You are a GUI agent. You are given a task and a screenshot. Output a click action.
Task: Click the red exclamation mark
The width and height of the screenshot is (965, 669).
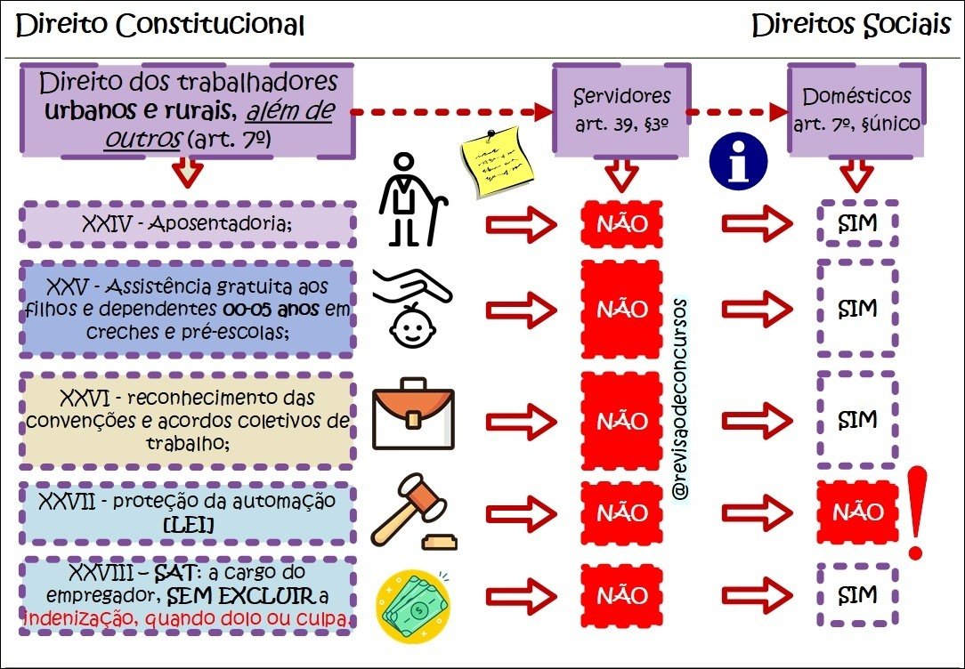coord(913,517)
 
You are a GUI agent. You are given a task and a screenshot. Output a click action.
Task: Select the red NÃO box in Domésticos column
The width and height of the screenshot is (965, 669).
coord(858,512)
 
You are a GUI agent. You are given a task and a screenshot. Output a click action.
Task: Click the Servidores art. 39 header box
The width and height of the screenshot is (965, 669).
coord(622,109)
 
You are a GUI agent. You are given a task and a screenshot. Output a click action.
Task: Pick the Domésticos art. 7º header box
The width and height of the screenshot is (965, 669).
coord(856,109)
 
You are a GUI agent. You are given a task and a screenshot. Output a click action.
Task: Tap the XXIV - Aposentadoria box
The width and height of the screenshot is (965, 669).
coord(187,224)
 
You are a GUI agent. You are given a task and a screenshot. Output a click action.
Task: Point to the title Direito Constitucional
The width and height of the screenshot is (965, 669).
coord(161,26)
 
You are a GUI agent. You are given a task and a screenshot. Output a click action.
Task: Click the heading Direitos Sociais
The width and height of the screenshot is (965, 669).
coord(851,26)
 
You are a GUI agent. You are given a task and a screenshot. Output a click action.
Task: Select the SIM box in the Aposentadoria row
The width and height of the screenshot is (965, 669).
coord(858,224)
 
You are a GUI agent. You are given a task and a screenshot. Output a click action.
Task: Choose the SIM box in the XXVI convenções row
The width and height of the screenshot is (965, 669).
coord(858,419)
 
